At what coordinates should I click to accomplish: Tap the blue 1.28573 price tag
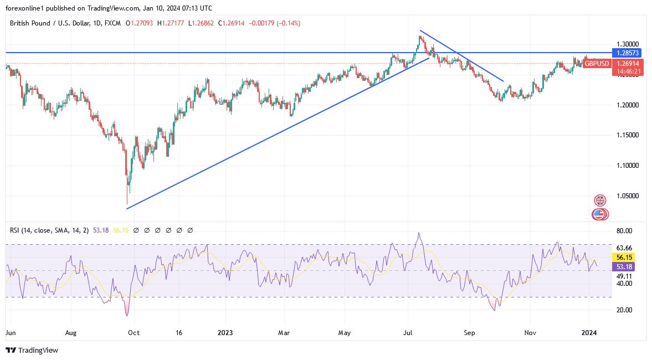[x=626, y=53]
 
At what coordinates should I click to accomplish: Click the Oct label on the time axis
[x=133, y=333]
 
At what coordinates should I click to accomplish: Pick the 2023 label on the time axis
[x=225, y=333]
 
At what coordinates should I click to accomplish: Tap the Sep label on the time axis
[x=469, y=333]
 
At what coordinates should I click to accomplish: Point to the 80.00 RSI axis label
[x=624, y=231]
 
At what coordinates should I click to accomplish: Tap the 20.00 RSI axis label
[x=624, y=310]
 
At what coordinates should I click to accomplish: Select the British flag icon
[x=600, y=200]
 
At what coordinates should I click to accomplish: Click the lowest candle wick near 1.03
[x=127, y=203]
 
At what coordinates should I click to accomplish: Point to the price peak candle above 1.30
[x=420, y=37]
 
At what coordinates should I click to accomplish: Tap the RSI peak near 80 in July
[x=419, y=233]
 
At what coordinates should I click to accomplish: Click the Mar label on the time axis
[x=284, y=333]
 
